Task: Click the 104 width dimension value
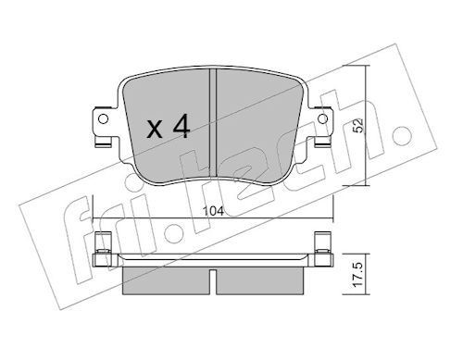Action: [x=213, y=211]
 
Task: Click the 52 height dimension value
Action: [x=358, y=126]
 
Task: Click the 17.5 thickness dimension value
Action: [x=358, y=275]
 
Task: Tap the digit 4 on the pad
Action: [x=181, y=126]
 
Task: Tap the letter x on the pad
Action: [x=155, y=130]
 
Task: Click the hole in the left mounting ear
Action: [x=103, y=118]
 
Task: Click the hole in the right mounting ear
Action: [x=323, y=118]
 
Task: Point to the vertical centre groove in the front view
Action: [x=213, y=123]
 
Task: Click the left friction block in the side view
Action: [x=167, y=280]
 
